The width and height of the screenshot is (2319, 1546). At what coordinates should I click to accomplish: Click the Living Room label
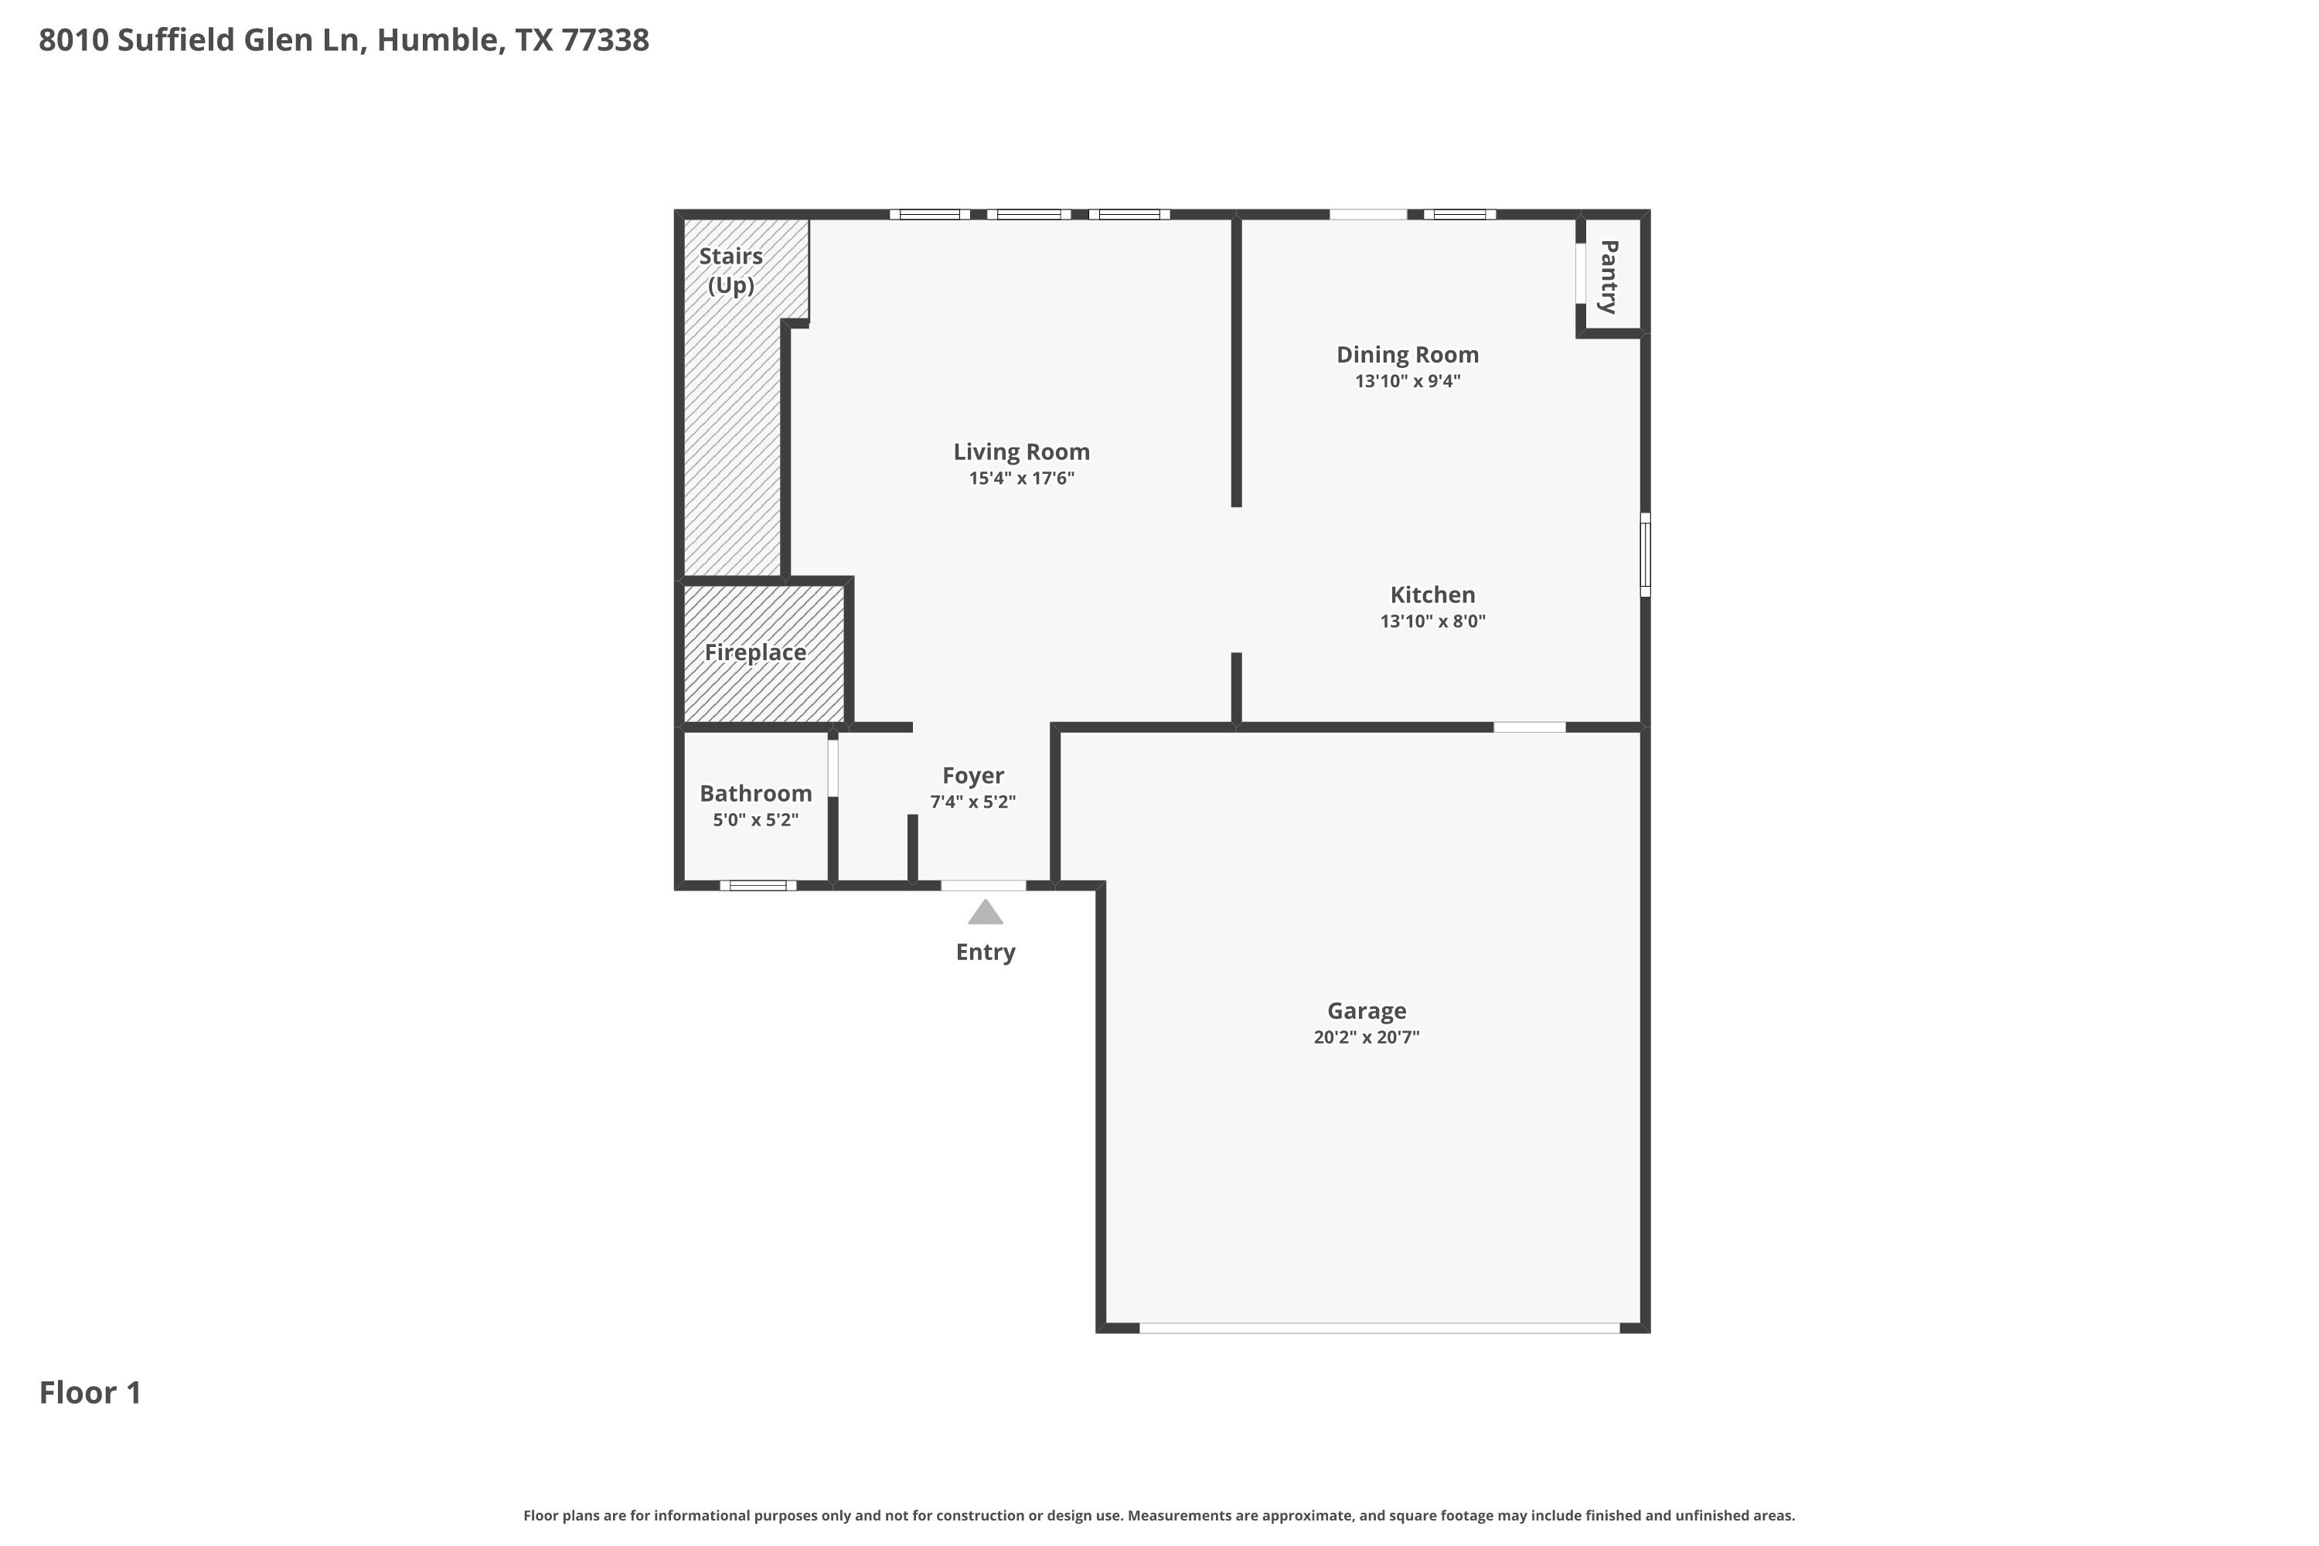(x=1020, y=451)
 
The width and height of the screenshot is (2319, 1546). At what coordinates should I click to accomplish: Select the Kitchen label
(x=1432, y=594)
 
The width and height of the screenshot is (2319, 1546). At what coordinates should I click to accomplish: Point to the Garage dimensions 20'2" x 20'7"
(x=1366, y=1037)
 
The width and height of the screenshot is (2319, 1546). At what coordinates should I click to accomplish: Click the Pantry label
(x=1608, y=276)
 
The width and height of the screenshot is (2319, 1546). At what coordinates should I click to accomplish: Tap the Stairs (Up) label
(x=730, y=270)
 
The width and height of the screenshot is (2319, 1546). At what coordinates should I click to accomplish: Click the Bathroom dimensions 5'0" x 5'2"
(x=755, y=820)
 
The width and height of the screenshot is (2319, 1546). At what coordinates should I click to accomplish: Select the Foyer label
(x=972, y=776)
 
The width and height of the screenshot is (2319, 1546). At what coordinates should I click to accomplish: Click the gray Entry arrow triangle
(x=985, y=914)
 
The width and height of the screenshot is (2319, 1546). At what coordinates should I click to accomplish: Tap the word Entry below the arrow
(x=985, y=952)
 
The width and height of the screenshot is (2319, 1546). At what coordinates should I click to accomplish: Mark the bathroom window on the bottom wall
(x=758, y=885)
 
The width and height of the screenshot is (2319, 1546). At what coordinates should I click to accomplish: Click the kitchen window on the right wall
(x=1645, y=554)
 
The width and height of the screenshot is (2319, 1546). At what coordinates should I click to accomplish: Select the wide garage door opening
(x=1378, y=1328)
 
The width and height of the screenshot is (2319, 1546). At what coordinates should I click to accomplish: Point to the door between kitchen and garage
(x=1528, y=727)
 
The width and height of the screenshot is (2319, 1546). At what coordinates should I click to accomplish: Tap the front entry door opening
(x=983, y=885)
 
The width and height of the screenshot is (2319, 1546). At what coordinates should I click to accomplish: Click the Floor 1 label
(x=90, y=1392)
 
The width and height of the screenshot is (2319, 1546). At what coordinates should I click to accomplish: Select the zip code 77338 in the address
(x=604, y=40)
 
